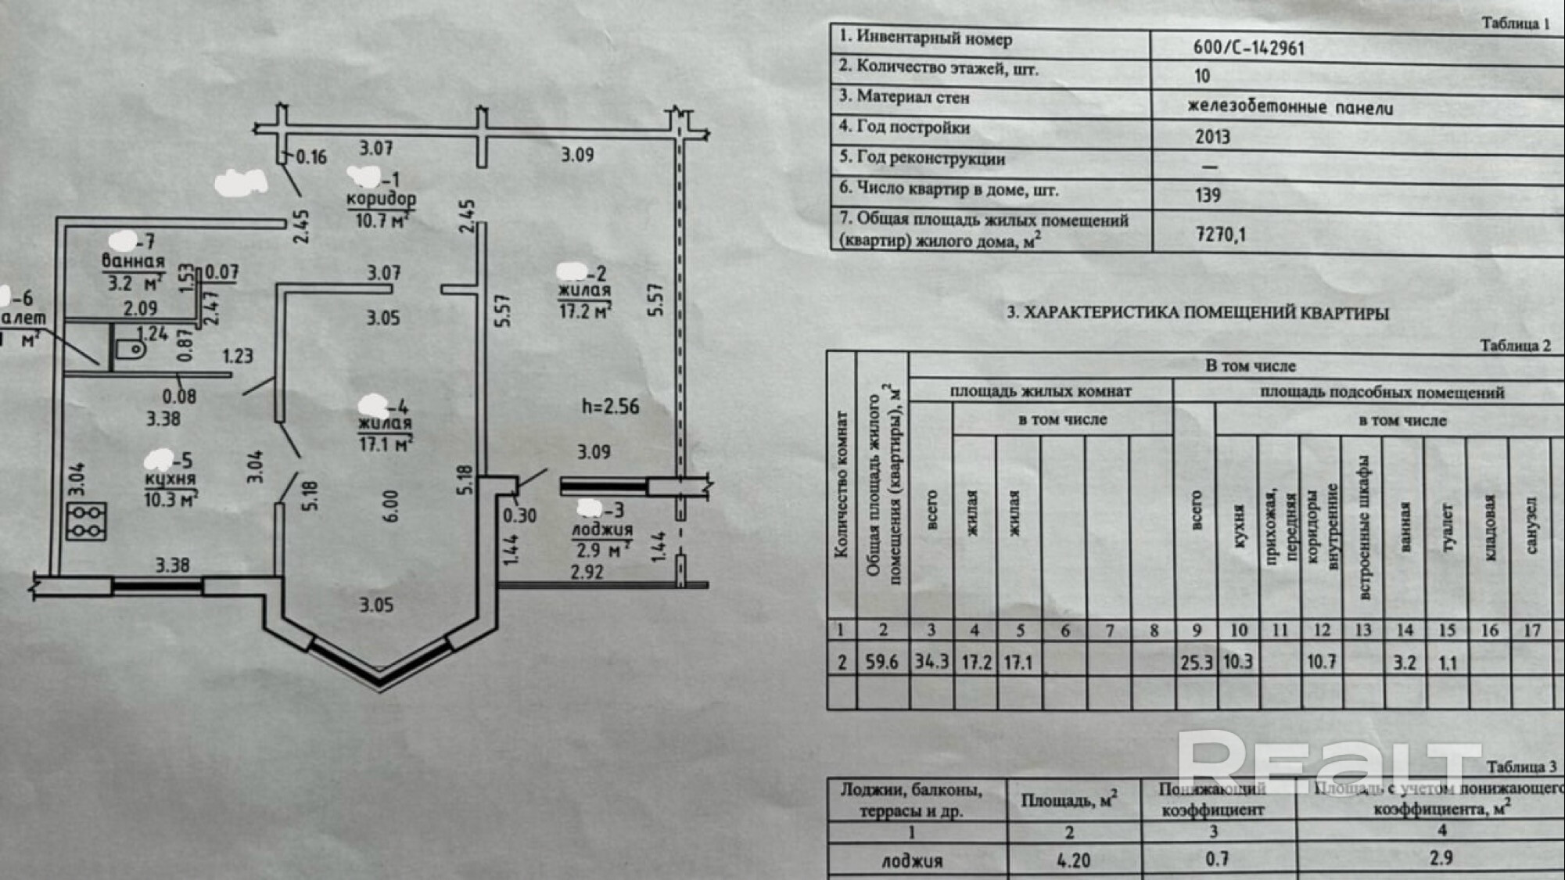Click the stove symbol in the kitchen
point(86,522)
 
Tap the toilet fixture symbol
point(130,349)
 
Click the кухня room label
point(170,479)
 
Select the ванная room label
point(133,262)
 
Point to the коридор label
point(381,199)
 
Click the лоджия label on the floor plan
point(601,530)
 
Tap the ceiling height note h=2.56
point(610,407)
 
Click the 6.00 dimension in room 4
point(391,506)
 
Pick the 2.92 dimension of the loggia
point(587,572)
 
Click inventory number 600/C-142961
point(1248,48)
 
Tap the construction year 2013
point(1212,137)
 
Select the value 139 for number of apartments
point(1208,195)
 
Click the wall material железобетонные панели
point(1290,107)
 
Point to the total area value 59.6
point(881,662)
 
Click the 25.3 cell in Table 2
point(1195,663)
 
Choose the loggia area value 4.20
point(1073,860)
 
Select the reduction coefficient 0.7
point(1217,859)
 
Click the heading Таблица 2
point(1514,346)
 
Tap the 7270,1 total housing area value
point(1220,234)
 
